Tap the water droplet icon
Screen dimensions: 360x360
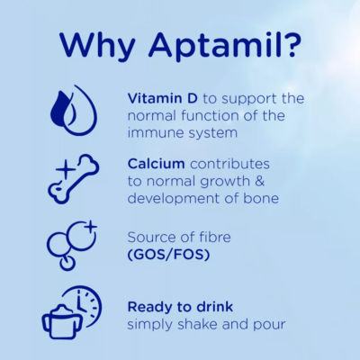pyautogui.click(x=71, y=110)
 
